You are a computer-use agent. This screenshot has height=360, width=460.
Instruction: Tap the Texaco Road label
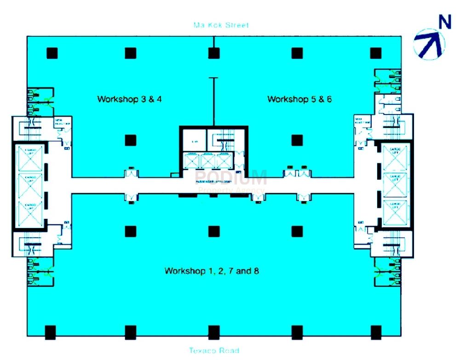click(214, 351)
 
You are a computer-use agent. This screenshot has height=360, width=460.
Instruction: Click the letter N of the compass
click(444, 22)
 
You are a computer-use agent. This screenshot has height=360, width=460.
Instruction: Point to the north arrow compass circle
click(429, 43)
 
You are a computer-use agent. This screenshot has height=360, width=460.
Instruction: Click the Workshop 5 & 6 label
click(299, 99)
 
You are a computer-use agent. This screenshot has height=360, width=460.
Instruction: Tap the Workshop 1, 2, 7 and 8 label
click(212, 271)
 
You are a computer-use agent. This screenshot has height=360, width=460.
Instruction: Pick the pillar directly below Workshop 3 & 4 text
click(131, 140)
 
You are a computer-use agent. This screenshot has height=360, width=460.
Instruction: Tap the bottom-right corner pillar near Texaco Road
click(376, 332)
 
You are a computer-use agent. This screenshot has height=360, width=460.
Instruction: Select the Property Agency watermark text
click(231, 190)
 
